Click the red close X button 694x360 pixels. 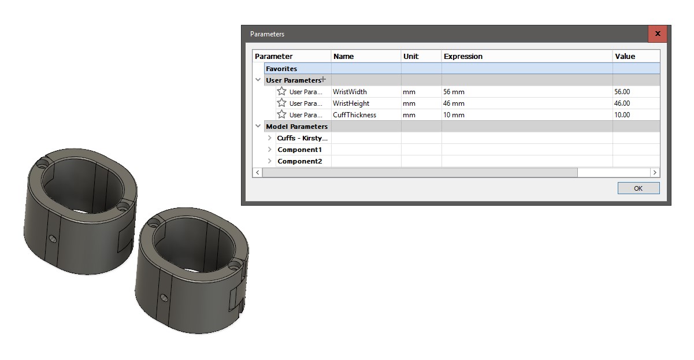point(658,34)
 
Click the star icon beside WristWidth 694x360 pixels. point(281,91)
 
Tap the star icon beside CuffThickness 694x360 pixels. point(281,114)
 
